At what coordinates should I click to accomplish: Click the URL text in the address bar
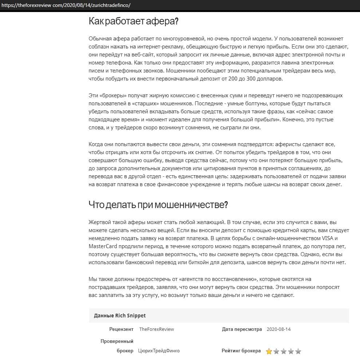tap(66, 5)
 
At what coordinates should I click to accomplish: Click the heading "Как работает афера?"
tap(133, 21)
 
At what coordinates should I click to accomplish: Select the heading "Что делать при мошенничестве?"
tap(158, 204)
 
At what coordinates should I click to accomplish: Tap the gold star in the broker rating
tap(269, 352)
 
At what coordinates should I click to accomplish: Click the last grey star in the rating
tap(298, 352)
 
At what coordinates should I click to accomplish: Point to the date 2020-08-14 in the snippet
tap(278, 329)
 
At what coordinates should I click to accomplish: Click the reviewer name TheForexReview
tap(157, 329)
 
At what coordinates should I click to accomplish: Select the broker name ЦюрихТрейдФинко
tap(159, 351)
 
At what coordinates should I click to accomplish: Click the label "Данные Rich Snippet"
tap(120, 316)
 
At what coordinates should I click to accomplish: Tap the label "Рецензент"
tap(121, 329)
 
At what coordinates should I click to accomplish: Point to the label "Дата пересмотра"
tap(242, 329)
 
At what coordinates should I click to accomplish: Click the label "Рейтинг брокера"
tap(241, 351)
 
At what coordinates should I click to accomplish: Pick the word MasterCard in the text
tap(102, 246)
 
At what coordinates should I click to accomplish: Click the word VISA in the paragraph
tap(326, 239)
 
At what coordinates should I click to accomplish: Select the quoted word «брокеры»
tap(112, 95)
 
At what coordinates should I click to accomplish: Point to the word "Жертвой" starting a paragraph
tap(99, 222)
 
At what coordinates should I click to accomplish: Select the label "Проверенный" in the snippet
tap(117, 341)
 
